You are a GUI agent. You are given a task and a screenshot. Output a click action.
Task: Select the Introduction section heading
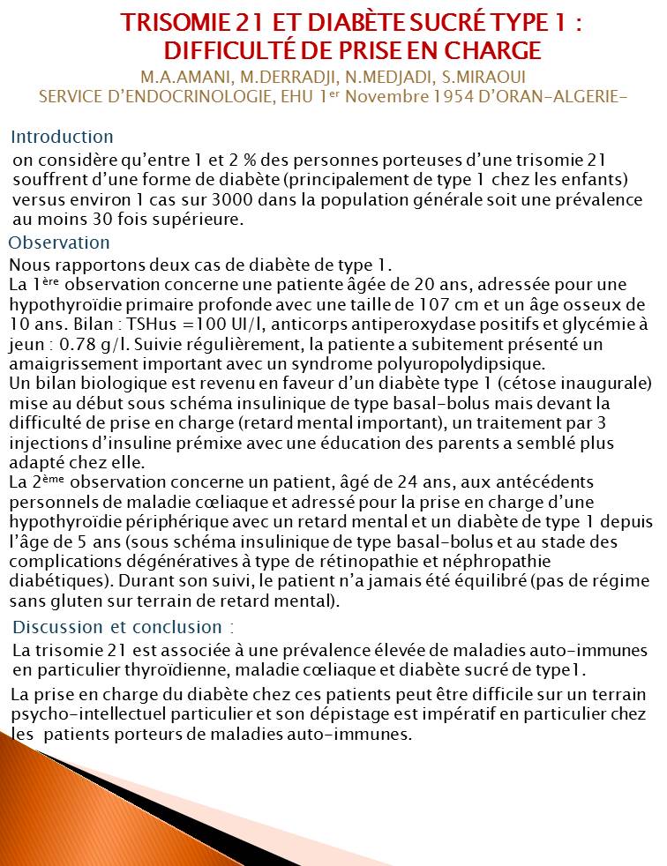click(x=62, y=137)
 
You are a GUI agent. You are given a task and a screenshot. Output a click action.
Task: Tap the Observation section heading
click(x=59, y=243)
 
